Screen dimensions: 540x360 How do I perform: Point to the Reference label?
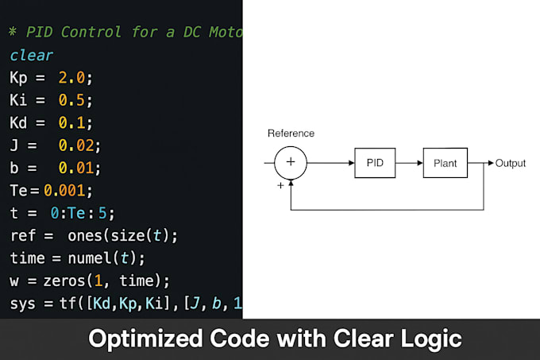291,134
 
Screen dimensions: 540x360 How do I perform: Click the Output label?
511,163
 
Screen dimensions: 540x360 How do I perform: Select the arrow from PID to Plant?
409,163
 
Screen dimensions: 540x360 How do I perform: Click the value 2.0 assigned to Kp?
71,78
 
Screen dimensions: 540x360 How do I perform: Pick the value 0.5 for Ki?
71,100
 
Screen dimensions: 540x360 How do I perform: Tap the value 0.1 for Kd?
71,122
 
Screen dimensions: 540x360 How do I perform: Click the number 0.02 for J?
75,145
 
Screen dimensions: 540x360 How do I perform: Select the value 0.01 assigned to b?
75,168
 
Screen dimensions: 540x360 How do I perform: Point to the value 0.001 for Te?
64,191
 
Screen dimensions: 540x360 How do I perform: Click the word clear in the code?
31,56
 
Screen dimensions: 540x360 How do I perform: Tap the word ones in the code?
85,236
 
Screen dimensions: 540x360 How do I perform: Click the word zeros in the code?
64,281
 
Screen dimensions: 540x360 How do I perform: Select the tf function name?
67,304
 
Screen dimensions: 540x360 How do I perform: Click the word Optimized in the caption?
145,339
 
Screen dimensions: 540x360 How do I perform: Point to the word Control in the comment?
91,32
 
